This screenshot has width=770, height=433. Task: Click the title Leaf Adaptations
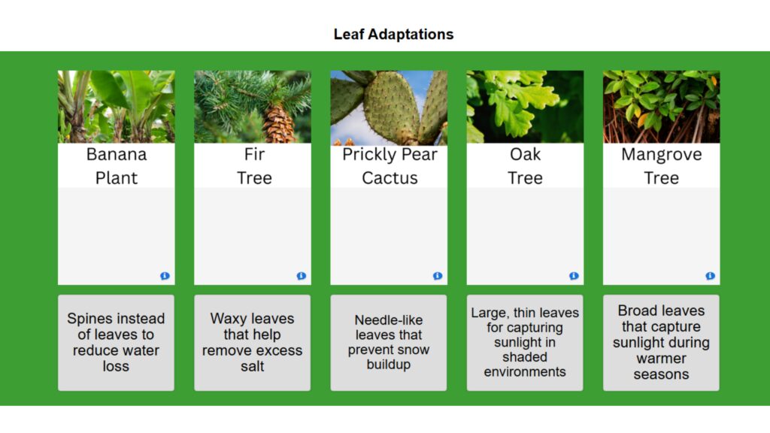(393, 35)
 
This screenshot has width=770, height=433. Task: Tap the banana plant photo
(117, 107)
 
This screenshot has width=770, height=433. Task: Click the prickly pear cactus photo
(389, 107)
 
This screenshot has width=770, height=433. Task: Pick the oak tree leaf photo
(525, 107)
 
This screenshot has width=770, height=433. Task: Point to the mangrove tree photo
(661, 107)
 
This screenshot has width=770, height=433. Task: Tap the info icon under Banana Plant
(165, 276)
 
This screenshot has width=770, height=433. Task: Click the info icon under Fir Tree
(301, 276)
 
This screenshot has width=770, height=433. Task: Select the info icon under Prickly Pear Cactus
(438, 276)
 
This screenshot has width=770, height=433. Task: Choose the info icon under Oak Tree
(574, 276)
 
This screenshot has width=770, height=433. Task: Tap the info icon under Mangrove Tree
(710, 276)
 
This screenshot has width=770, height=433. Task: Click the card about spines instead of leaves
(116, 343)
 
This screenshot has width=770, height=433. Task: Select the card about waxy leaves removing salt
(252, 343)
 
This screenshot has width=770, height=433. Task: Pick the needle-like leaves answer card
(389, 343)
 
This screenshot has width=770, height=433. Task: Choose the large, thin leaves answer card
(525, 343)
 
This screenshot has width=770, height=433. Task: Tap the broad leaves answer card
(661, 343)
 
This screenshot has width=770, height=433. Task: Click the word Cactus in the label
(390, 178)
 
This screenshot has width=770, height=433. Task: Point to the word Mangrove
(661, 155)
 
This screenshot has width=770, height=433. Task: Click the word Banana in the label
(117, 155)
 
